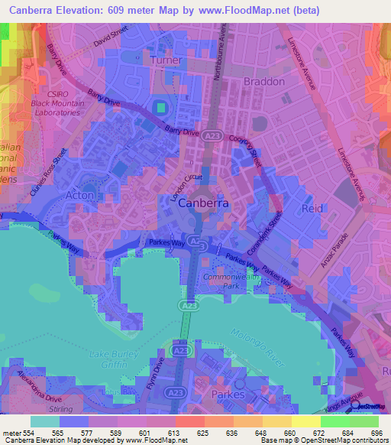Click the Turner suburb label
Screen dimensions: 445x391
(x=166, y=60)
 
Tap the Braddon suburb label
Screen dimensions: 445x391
(x=263, y=81)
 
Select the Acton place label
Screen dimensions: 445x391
(x=80, y=196)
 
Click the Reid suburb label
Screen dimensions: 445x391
(x=312, y=208)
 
